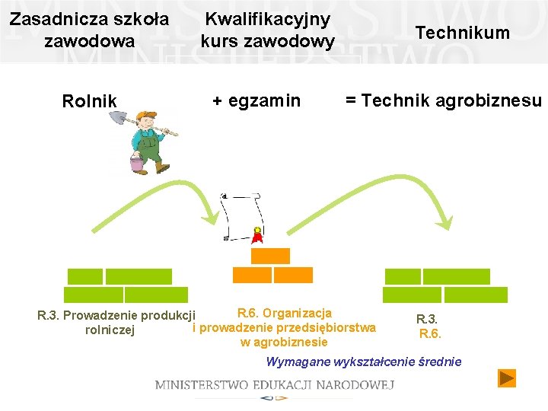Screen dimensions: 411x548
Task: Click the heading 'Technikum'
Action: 462,32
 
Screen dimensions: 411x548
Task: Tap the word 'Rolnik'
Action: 90,101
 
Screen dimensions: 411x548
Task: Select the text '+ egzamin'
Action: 256,100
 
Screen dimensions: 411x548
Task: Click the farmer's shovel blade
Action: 118,118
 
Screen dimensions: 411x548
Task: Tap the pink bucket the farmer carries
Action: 137,164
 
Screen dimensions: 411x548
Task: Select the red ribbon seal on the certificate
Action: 258,235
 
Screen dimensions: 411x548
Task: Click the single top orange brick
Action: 270,256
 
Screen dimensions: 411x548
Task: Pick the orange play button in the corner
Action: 506,378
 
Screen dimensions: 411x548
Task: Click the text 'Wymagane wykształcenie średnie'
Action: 363,361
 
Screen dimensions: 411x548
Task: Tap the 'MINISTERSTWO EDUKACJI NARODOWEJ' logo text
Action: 275,384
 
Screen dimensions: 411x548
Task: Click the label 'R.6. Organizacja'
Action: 285,313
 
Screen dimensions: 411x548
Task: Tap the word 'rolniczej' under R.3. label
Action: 110,330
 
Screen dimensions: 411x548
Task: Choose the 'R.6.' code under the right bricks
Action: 430,333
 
